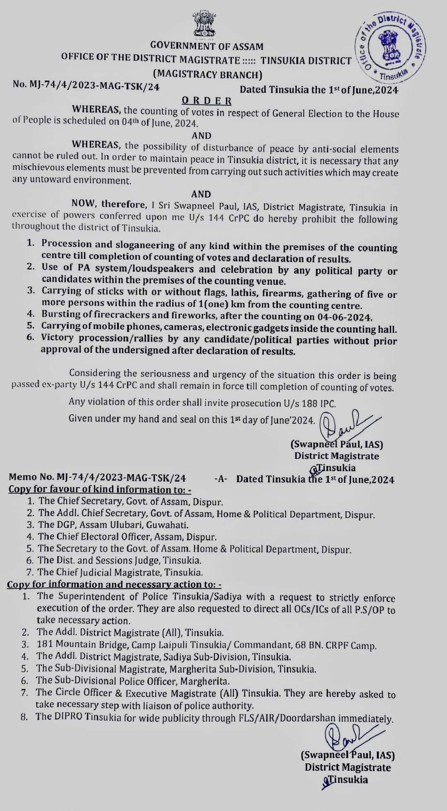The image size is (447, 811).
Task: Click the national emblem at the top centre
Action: [207, 25]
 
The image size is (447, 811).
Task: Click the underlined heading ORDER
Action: [207, 101]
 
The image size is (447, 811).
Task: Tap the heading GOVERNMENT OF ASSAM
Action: [207, 46]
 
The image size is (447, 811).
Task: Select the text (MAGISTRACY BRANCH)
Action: [207, 74]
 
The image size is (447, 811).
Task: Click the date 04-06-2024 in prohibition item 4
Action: [351, 317]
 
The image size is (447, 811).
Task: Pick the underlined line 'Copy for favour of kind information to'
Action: [100, 490]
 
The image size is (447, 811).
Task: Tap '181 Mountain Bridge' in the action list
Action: [78, 644]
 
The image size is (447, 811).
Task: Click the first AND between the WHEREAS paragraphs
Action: [202, 136]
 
